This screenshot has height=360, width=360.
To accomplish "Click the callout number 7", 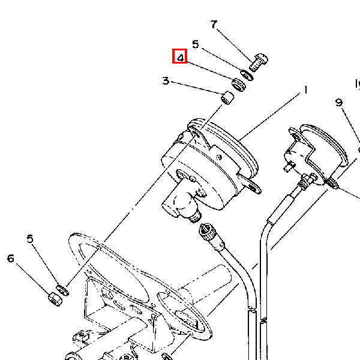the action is [x=214, y=25].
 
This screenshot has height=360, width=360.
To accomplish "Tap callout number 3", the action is [x=166, y=81].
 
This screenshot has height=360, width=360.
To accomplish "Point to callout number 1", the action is [x=305, y=90].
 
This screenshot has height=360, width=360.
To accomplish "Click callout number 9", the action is [x=339, y=103].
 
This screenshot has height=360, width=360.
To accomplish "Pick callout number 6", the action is [x=11, y=259].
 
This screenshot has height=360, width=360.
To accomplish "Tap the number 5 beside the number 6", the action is [x=30, y=239].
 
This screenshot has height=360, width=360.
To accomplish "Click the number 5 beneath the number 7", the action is [x=196, y=44].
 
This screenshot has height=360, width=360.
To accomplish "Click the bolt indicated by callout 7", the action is [x=258, y=62].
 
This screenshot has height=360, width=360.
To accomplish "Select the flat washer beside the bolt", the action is [x=247, y=76].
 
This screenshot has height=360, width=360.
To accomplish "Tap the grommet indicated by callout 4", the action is [x=239, y=85].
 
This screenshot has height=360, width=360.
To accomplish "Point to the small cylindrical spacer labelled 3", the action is [x=227, y=98].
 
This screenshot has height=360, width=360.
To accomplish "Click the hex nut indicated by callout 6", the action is [x=55, y=299].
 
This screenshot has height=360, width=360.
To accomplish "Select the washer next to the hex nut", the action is [x=62, y=290].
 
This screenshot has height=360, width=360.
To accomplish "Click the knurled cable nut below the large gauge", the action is [x=208, y=232].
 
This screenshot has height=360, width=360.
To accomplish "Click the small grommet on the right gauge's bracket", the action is [x=332, y=184].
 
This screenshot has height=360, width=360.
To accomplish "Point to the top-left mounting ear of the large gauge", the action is [x=195, y=132].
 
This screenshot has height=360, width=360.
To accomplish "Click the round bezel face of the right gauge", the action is [x=324, y=143].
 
